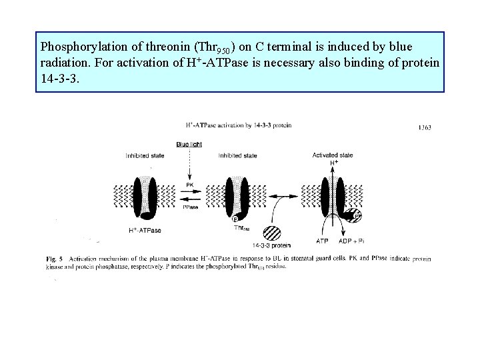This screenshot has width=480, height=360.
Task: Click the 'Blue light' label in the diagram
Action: coord(189,144)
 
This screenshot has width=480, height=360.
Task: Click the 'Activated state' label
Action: coord(332,155)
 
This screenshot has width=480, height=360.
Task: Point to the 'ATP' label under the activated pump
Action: coord(323,240)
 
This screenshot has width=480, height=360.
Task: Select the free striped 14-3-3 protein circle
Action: coord(273,232)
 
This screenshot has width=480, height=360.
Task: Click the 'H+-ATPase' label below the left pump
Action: coord(145,231)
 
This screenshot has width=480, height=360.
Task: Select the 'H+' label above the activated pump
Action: coord(334,162)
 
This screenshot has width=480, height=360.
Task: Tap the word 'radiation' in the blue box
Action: coord(65,63)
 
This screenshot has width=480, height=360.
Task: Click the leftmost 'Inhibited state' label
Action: coord(145,156)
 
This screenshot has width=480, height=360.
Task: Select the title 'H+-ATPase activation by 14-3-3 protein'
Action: coord(238,125)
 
